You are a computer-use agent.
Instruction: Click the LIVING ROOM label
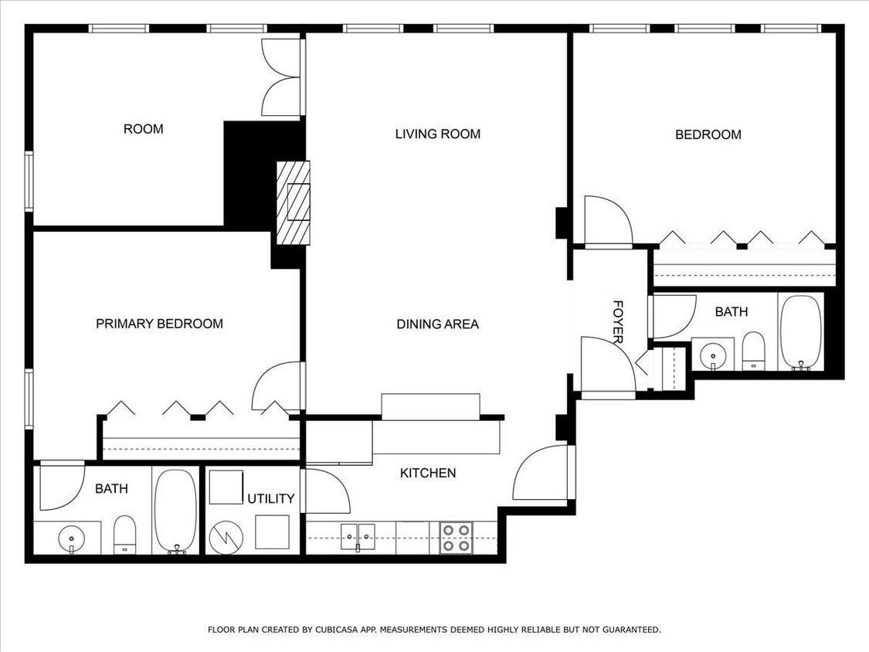437,134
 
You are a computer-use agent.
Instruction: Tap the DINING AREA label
437,324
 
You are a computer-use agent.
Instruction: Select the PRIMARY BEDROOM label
159,324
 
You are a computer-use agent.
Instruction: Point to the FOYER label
618,322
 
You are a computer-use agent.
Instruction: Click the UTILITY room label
270,499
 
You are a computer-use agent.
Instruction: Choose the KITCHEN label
427,473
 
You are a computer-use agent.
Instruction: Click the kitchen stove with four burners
456,538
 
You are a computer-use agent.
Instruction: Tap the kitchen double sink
357,533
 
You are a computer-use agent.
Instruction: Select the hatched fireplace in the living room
294,202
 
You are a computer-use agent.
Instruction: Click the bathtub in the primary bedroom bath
175,511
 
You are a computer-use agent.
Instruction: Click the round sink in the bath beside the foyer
712,355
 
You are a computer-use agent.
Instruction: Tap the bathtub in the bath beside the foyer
800,332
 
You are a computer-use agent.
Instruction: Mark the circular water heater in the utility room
226,535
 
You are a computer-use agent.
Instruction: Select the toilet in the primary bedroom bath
124,533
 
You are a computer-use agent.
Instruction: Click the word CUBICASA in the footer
335,630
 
